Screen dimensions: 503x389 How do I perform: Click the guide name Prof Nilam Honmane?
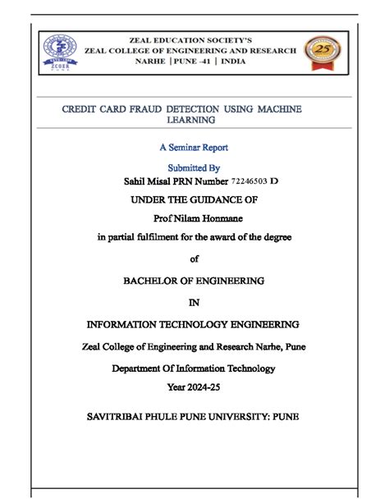(194, 217)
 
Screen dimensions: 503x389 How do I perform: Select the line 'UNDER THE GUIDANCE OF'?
(194, 199)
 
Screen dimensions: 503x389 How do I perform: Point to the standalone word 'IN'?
(194, 302)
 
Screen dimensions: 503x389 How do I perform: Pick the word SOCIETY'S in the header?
(229, 39)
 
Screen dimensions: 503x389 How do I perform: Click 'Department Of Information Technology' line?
(194, 368)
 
